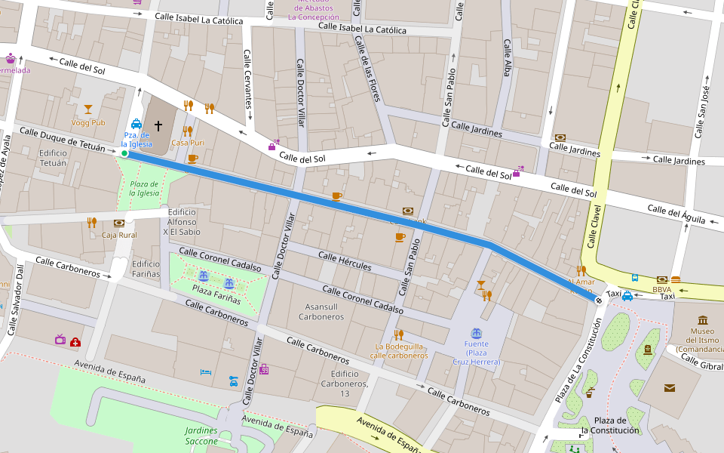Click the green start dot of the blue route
(x=124, y=154)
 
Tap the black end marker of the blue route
(x=599, y=300)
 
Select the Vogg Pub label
(x=88, y=122)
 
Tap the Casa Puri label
(x=188, y=143)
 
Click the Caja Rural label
(x=119, y=235)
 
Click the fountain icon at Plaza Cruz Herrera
(x=476, y=333)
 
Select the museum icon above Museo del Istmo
(x=703, y=320)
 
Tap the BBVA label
(x=662, y=289)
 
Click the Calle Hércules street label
(x=345, y=261)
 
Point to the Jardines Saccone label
(x=201, y=436)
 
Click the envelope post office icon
(x=669, y=388)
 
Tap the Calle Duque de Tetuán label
(x=63, y=140)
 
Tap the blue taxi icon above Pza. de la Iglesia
(x=137, y=124)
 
